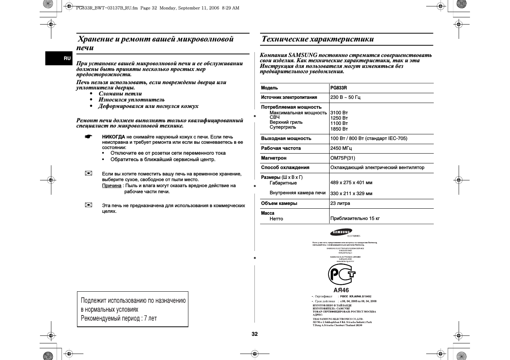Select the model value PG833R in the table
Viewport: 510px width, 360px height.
(339, 88)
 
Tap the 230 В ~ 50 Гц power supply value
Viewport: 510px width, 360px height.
(345, 97)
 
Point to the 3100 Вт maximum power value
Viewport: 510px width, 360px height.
(339, 113)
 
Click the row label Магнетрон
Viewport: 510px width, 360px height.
(274, 158)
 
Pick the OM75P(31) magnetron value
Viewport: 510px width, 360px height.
(342, 158)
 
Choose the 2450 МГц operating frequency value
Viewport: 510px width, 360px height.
(341, 148)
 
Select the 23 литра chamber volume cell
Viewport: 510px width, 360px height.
(340, 203)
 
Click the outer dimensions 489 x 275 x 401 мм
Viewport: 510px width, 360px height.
(351, 183)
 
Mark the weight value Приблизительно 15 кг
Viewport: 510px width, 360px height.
(355, 218)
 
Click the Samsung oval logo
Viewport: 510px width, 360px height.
(341, 232)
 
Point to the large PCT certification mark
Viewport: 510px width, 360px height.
(341, 274)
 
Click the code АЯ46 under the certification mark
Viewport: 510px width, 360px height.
(341, 291)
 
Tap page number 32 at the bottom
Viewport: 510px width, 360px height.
(255, 334)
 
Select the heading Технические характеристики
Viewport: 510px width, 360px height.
(317, 39)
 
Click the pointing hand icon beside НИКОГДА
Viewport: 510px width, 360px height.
(88, 137)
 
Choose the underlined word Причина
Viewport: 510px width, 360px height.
(112, 186)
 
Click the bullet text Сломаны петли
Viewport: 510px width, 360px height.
(120, 94)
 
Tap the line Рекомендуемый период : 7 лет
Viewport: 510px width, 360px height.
(119, 318)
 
